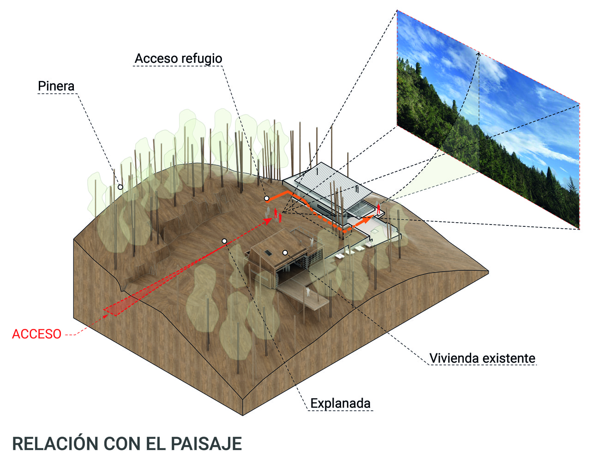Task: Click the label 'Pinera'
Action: [56, 86]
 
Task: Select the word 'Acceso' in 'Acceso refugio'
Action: [156, 59]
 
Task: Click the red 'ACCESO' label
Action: [36, 334]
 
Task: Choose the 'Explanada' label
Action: [340, 403]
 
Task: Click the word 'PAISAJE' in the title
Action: [206, 444]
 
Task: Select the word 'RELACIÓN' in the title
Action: [56, 444]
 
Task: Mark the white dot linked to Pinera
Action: [120, 187]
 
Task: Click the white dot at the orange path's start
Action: [266, 198]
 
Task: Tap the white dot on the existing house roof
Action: [285, 253]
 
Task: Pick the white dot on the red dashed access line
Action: [224, 241]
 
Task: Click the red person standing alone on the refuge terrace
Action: [379, 208]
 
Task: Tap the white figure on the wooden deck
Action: [307, 292]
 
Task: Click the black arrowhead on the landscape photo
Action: [479, 54]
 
